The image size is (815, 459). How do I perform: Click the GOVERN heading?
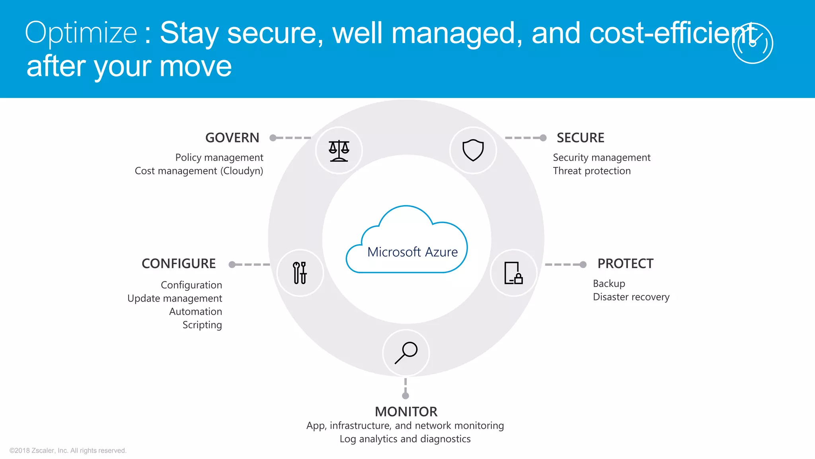[232, 138]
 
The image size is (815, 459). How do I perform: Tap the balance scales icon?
[339, 151]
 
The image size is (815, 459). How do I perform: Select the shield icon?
[473, 150]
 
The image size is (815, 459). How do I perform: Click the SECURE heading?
[580, 138]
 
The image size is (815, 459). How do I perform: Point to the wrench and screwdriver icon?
[300, 273]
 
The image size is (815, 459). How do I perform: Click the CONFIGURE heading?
[179, 264]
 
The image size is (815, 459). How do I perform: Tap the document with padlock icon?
[513, 273]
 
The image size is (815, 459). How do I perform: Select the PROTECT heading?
[625, 264]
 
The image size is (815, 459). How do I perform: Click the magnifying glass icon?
[406, 353]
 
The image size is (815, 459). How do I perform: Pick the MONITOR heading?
[406, 412]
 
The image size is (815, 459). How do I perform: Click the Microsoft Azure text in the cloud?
[412, 252]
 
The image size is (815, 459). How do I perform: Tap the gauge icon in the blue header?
[752, 43]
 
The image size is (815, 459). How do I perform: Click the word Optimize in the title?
[81, 33]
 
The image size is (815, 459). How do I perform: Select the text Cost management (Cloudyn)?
[199, 171]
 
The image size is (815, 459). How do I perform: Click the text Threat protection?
[592, 171]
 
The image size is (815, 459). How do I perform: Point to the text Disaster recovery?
[631, 297]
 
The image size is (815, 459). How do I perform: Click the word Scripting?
[202, 325]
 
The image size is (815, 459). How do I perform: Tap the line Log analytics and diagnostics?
[405, 439]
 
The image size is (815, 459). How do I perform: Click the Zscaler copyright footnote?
[68, 451]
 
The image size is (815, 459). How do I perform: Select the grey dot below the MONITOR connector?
[406, 396]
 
